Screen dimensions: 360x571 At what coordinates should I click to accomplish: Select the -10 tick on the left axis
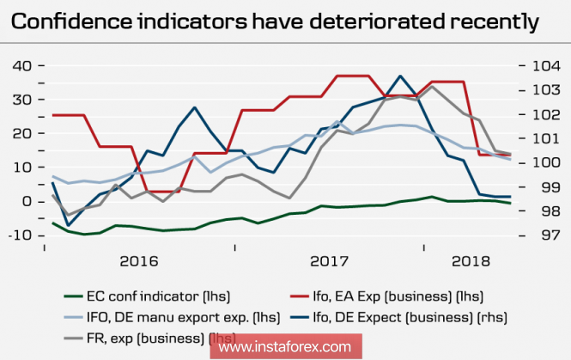[20, 235]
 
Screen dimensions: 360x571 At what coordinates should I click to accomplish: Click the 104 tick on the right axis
[541, 66]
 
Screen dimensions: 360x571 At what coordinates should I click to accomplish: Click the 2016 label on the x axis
[141, 260]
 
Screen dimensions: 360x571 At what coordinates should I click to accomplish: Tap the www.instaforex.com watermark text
[284, 347]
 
